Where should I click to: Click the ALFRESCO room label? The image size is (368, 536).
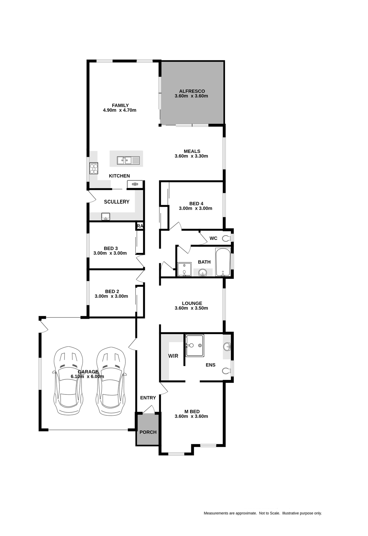[x=192, y=91]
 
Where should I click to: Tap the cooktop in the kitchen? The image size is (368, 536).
[x=94, y=168]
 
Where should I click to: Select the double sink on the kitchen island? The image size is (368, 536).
[x=124, y=160]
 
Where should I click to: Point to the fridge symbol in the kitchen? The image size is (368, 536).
[x=135, y=184]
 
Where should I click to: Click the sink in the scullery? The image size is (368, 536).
[x=106, y=216]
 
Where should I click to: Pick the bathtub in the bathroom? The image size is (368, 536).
[x=223, y=262]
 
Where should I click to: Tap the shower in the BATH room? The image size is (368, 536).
[x=184, y=269]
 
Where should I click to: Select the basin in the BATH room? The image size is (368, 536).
[x=203, y=272]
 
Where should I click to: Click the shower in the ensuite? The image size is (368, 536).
[x=195, y=346]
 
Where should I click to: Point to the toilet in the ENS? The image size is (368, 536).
[x=226, y=371]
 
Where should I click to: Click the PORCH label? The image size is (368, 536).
[x=148, y=432]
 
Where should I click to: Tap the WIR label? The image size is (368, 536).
[x=173, y=356]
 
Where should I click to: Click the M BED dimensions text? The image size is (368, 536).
[x=191, y=416]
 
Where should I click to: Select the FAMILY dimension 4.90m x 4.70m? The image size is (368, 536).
[x=120, y=110]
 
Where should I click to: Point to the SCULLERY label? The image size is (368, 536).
[x=116, y=202]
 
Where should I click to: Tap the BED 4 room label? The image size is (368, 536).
[x=196, y=204]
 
